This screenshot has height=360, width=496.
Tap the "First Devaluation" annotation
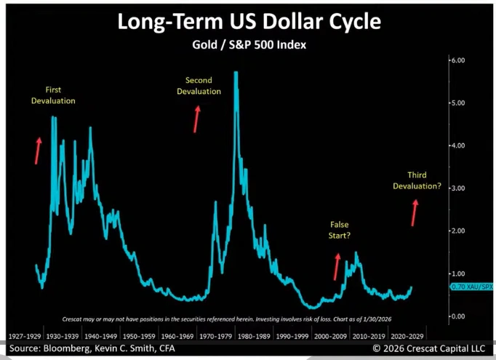[53, 95]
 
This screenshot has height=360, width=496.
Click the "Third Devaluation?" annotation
[417, 180]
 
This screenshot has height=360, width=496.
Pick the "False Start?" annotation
[339, 231]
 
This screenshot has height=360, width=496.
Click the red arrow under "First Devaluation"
[38, 149]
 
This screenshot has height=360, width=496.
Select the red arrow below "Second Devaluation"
[196, 118]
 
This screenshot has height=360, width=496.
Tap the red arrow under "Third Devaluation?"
[415, 212]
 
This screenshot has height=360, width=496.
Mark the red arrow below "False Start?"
[337, 265]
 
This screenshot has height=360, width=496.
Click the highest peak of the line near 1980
[236, 73]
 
